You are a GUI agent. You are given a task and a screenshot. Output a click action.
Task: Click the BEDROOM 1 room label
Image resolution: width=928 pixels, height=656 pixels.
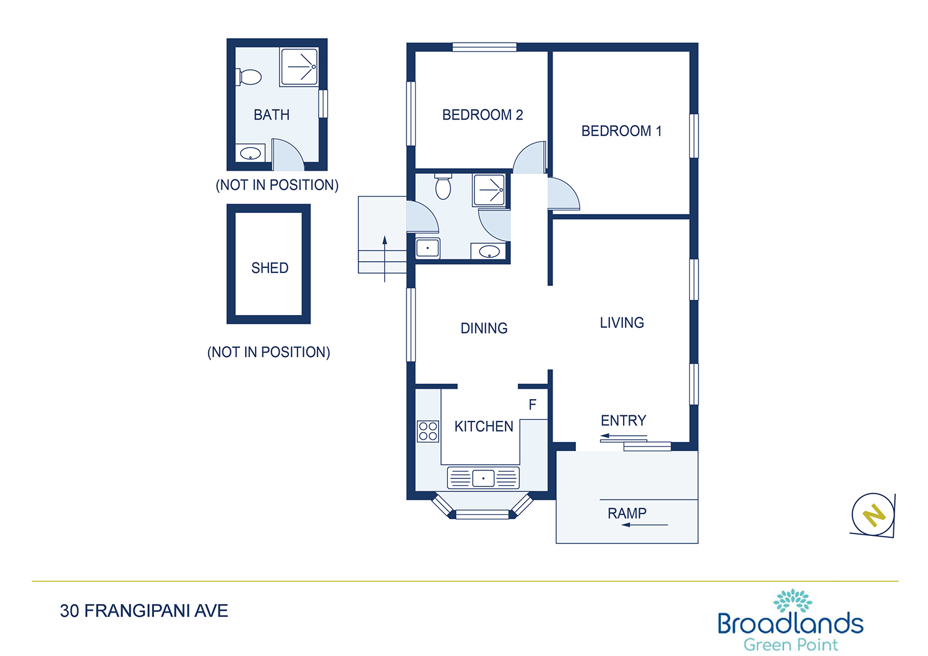point(621,131)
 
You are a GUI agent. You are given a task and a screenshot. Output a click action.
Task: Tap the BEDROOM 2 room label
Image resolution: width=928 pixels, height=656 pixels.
point(483,114)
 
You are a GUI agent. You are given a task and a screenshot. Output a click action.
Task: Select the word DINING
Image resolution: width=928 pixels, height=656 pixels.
point(484,328)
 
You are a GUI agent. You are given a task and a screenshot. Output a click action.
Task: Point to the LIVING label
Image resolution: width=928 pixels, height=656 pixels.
point(622,323)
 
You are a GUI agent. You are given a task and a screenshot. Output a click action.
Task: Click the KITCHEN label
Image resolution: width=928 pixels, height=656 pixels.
point(484,426)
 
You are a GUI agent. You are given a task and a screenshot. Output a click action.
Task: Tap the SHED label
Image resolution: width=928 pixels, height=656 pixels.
point(270,268)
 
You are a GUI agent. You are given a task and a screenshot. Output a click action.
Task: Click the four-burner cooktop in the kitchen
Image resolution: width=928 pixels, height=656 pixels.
point(428,431)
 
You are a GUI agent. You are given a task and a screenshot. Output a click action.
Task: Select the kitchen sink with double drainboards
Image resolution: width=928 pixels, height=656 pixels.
point(483,478)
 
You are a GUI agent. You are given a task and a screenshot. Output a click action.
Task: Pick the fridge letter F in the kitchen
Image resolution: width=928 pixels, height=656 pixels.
point(532,405)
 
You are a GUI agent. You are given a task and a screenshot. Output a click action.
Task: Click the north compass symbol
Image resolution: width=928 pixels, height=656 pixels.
point(873,515)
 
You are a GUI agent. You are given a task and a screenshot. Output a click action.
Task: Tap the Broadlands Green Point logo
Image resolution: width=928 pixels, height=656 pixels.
point(791,620)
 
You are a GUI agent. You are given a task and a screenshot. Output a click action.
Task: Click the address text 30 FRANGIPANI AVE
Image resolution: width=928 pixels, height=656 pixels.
point(144,611)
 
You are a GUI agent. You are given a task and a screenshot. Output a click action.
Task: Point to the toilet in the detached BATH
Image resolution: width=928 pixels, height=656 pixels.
point(249,77)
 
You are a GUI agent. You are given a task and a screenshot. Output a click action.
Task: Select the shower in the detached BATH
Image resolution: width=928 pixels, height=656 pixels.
point(299,67)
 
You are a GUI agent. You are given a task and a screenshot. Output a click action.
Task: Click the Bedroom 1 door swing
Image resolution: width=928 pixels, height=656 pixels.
point(564,194)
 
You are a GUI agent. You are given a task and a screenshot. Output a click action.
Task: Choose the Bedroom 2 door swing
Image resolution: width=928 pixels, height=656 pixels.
point(529,157)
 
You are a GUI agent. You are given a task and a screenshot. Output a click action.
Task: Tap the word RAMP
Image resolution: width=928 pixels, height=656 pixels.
point(627,514)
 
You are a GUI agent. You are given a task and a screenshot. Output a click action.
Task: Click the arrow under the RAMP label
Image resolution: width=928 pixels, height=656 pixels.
point(645,525)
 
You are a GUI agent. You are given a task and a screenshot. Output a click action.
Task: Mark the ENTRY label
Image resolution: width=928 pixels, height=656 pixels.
point(624,421)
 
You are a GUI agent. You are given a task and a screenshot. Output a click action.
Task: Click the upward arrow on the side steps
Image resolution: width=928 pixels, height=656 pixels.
point(384,259)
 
